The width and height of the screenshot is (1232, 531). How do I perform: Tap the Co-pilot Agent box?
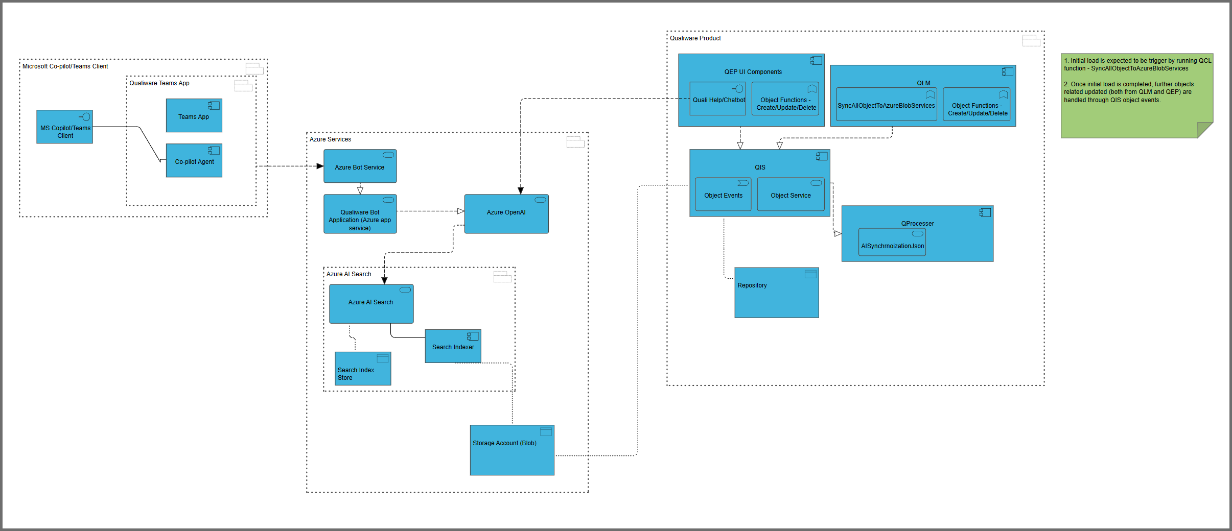tap(194, 161)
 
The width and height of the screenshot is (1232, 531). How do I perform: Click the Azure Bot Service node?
tap(360, 166)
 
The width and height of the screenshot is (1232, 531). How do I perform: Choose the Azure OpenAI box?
tap(506, 214)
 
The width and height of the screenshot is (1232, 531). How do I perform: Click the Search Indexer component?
tap(453, 346)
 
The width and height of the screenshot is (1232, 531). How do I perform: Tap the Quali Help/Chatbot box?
tap(717, 99)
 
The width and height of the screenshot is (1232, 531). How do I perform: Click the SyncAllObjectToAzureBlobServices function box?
tap(886, 105)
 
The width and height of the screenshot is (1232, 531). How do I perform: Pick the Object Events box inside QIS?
tap(723, 195)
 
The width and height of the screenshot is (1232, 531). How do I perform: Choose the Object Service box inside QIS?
tap(791, 195)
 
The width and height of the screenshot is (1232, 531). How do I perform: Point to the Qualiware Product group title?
tap(695, 38)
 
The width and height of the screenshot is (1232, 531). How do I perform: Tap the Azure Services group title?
tap(330, 139)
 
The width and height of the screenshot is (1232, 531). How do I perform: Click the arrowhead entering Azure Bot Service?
tap(320, 166)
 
